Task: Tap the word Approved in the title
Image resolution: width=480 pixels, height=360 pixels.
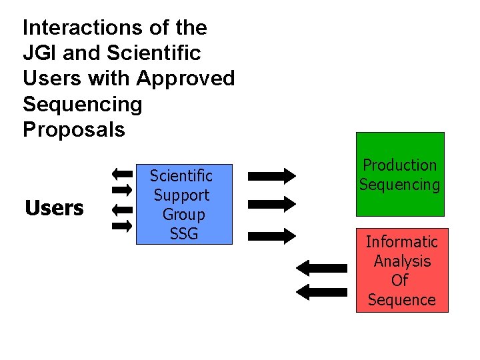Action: point(186,79)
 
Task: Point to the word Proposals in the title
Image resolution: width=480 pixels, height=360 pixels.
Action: point(73,129)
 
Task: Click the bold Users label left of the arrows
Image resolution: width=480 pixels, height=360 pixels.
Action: point(54,209)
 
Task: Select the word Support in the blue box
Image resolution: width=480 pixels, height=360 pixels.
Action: point(181,195)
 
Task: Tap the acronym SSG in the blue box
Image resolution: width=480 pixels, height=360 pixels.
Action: point(183,234)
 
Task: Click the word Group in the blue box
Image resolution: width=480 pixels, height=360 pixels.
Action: point(183,215)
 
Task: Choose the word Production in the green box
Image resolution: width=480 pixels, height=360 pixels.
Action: point(399,165)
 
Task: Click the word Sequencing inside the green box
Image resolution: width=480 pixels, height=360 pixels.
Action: point(399,185)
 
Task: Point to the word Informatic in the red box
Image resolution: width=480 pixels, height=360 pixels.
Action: point(401,241)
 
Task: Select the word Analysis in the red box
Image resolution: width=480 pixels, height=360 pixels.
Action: point(401,261)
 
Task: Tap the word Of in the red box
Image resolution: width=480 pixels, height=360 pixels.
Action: point(400,281)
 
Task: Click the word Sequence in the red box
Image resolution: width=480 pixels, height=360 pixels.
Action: point(401,300)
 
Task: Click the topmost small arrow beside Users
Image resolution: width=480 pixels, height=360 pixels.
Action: point(122,174)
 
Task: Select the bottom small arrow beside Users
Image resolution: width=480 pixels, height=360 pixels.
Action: point(122,225)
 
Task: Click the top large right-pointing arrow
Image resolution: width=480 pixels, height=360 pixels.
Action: point(271,176)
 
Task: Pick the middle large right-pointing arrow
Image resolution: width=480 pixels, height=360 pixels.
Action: point(271,203)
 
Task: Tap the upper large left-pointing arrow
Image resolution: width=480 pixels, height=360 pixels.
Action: point(321,268)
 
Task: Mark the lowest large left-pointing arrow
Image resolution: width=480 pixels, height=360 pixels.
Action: point(321,291)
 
